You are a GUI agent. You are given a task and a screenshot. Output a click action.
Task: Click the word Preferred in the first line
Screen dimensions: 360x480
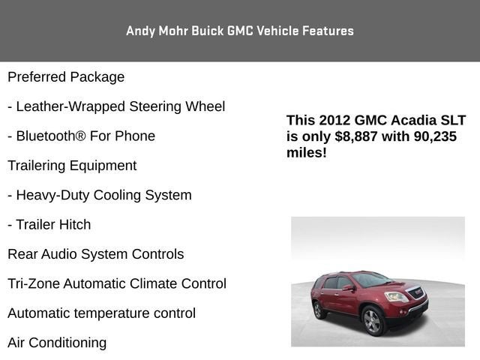(x=36, y=77)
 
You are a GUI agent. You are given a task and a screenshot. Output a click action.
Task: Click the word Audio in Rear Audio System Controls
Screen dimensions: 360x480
(x=58, y=254)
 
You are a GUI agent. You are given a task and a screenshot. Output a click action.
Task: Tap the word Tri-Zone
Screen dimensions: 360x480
(x=33, y=283)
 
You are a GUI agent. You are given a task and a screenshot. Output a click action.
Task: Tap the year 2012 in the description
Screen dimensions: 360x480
(x=334, y=121)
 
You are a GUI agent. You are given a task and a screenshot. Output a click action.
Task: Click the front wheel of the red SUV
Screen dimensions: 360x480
(x=373, y=321)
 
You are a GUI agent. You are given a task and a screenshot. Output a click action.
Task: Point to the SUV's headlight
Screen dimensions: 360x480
(x=397, y=297)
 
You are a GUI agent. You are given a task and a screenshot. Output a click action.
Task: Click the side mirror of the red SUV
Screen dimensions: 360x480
(x=349, y=287)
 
